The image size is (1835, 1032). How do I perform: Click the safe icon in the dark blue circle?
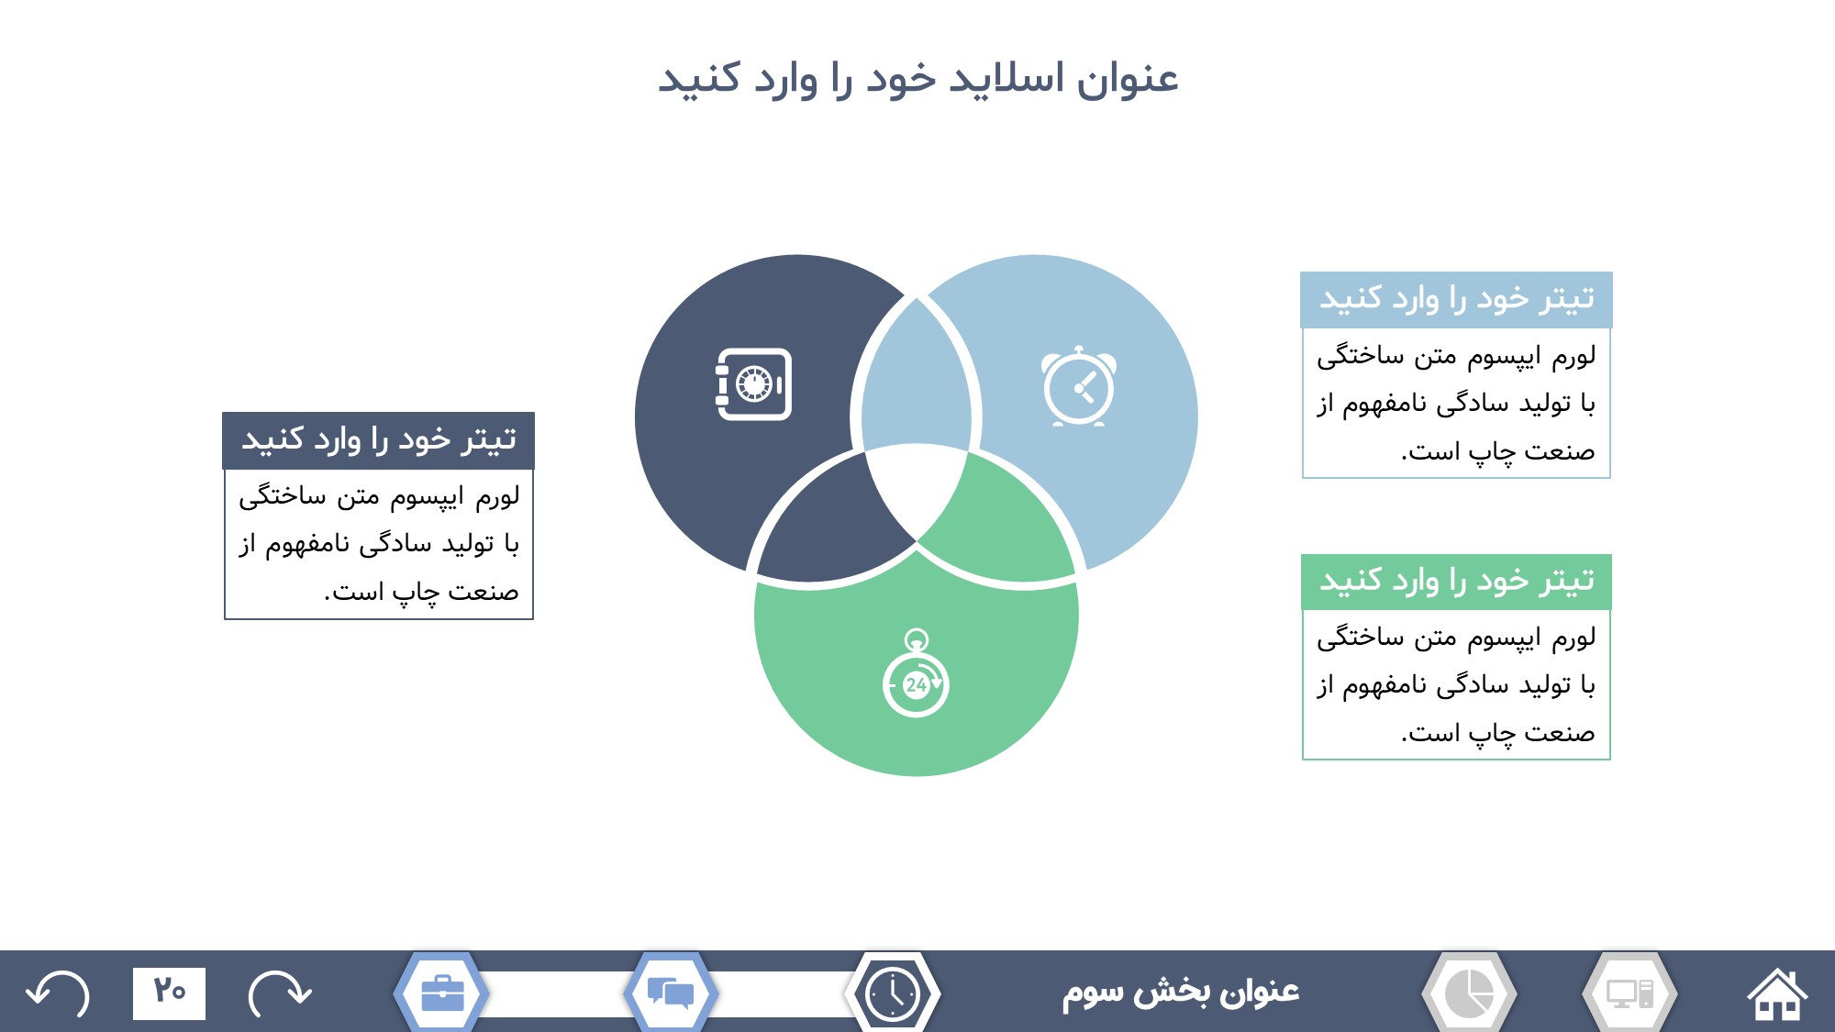point(753,384)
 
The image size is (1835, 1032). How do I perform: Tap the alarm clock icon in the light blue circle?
point(1079,386)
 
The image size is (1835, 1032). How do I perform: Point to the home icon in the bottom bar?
point(1777,993)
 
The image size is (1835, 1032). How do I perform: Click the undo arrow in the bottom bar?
point(58,993)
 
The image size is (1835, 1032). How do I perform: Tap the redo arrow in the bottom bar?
point(280,993)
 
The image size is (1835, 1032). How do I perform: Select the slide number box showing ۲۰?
point(169,993)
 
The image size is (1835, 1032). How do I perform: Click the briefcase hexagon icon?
point(441,993)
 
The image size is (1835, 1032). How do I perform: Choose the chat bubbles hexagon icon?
point(671,993)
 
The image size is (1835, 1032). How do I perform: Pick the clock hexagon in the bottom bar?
point(893,993)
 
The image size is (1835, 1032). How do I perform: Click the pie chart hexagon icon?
point(1469,993)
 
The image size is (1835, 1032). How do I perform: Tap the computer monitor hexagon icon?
point(1629,993)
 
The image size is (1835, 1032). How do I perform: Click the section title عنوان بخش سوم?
point(1181,992)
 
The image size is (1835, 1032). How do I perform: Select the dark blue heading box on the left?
point(378,440)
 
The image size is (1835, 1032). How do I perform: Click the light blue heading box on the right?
point(1456,300)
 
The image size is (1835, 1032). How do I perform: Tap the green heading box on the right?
point(1456,582)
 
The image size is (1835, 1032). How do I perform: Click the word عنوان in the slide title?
point(1128,79)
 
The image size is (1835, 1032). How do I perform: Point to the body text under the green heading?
point(1456,684)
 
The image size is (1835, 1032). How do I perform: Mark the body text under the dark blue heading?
point(378,544)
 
